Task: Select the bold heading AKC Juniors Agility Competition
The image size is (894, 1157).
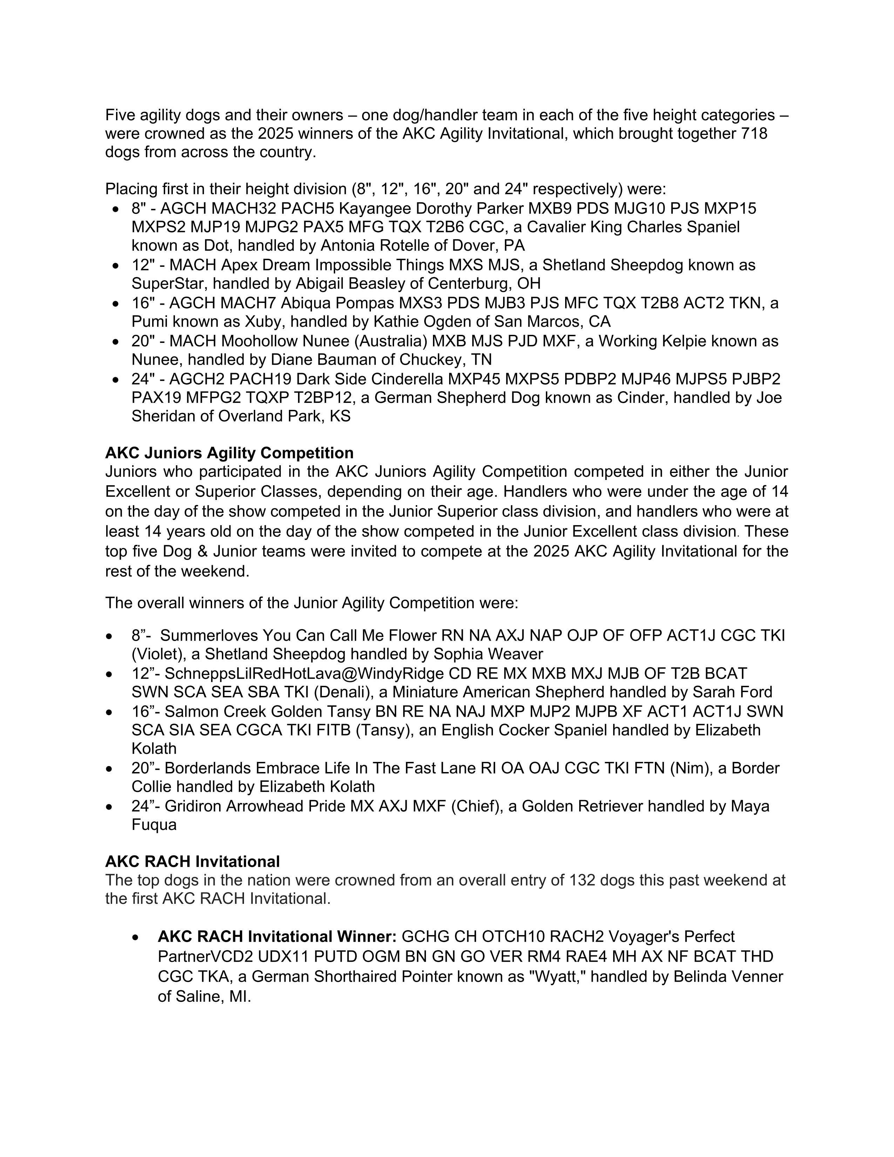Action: pos(229,453)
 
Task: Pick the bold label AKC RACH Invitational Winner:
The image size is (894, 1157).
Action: pos(277,936)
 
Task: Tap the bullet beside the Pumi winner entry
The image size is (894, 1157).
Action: pos(116,304)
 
